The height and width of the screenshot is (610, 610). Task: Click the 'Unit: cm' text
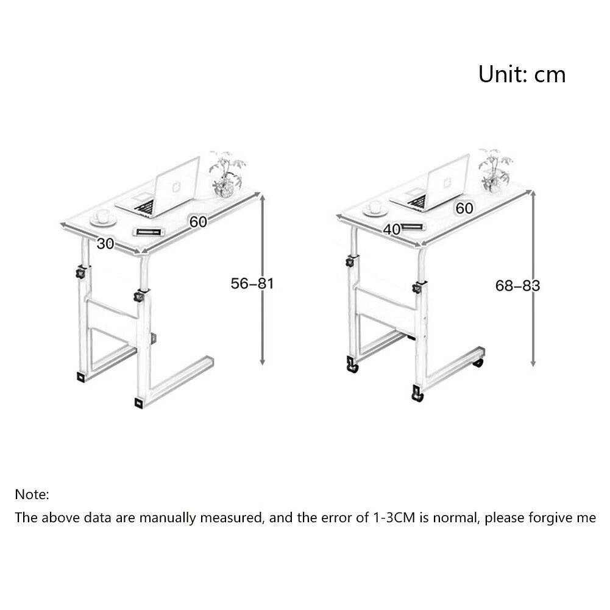[522, 74]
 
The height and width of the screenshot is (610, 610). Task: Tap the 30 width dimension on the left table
[105, 244]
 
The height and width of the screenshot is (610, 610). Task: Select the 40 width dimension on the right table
[391, 230]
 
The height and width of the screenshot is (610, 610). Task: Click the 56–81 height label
[252, 283]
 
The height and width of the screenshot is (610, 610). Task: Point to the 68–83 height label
[517, 286]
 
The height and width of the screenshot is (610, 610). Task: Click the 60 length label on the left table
[198, 222]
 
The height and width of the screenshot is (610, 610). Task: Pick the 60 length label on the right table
[464, 208]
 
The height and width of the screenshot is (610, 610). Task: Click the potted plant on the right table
[495, 171]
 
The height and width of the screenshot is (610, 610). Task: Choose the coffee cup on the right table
[375, 208]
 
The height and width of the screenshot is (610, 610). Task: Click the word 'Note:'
[32, 494]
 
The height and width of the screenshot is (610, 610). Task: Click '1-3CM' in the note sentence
[394, 518]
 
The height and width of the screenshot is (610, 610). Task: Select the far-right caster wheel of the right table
[478, 363]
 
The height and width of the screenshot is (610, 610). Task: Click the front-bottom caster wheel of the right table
[417, 393]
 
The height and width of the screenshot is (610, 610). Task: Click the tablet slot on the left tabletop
[149, 232]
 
